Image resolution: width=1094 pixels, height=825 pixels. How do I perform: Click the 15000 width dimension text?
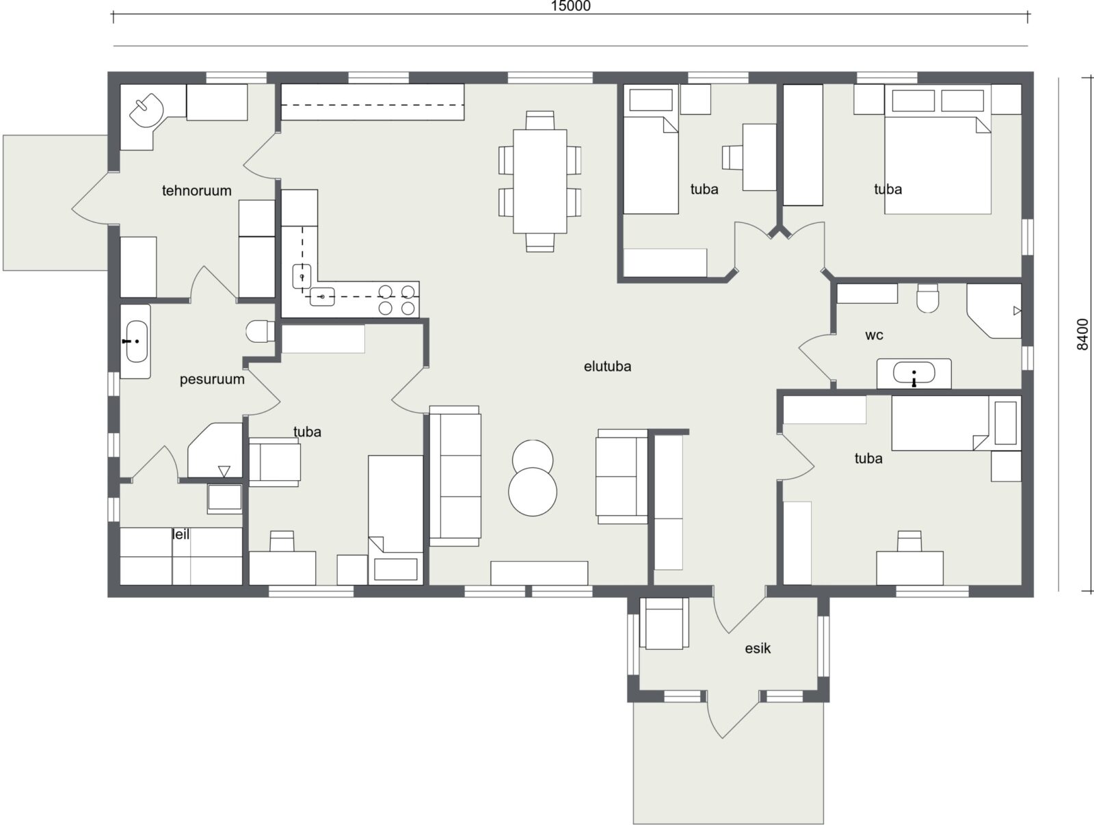pos(571,6)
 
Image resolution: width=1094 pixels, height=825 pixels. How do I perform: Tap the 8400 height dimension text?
pos(1082,334)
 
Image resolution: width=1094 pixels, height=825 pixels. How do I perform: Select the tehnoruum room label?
pos(197,190)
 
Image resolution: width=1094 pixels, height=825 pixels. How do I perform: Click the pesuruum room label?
pos(213,380)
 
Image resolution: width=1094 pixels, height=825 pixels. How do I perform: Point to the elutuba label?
pos(608,367)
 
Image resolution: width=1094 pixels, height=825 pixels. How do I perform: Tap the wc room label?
pos(875,335)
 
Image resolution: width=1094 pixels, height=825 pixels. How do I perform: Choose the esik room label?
pos(758,649)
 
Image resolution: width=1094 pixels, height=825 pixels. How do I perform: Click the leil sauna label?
pos(181,534)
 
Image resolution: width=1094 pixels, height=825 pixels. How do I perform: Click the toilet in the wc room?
pos(928,298)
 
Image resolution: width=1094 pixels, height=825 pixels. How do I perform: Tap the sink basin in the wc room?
pos(913,374)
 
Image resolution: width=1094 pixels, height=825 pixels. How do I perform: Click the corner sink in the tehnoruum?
pos(146,111)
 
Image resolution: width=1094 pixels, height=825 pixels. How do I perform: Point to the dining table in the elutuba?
pos(539,181)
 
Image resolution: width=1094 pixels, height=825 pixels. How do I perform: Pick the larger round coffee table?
pos(533,491)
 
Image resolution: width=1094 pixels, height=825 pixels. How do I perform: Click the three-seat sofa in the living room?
pos(455,476)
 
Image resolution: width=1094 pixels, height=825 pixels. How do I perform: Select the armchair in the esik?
pos(665,624)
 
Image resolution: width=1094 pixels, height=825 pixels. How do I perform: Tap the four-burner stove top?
pos(397,300)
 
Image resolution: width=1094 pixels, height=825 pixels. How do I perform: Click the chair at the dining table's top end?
pos(539,120)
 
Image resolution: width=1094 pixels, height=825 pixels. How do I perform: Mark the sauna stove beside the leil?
pos(225,499)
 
